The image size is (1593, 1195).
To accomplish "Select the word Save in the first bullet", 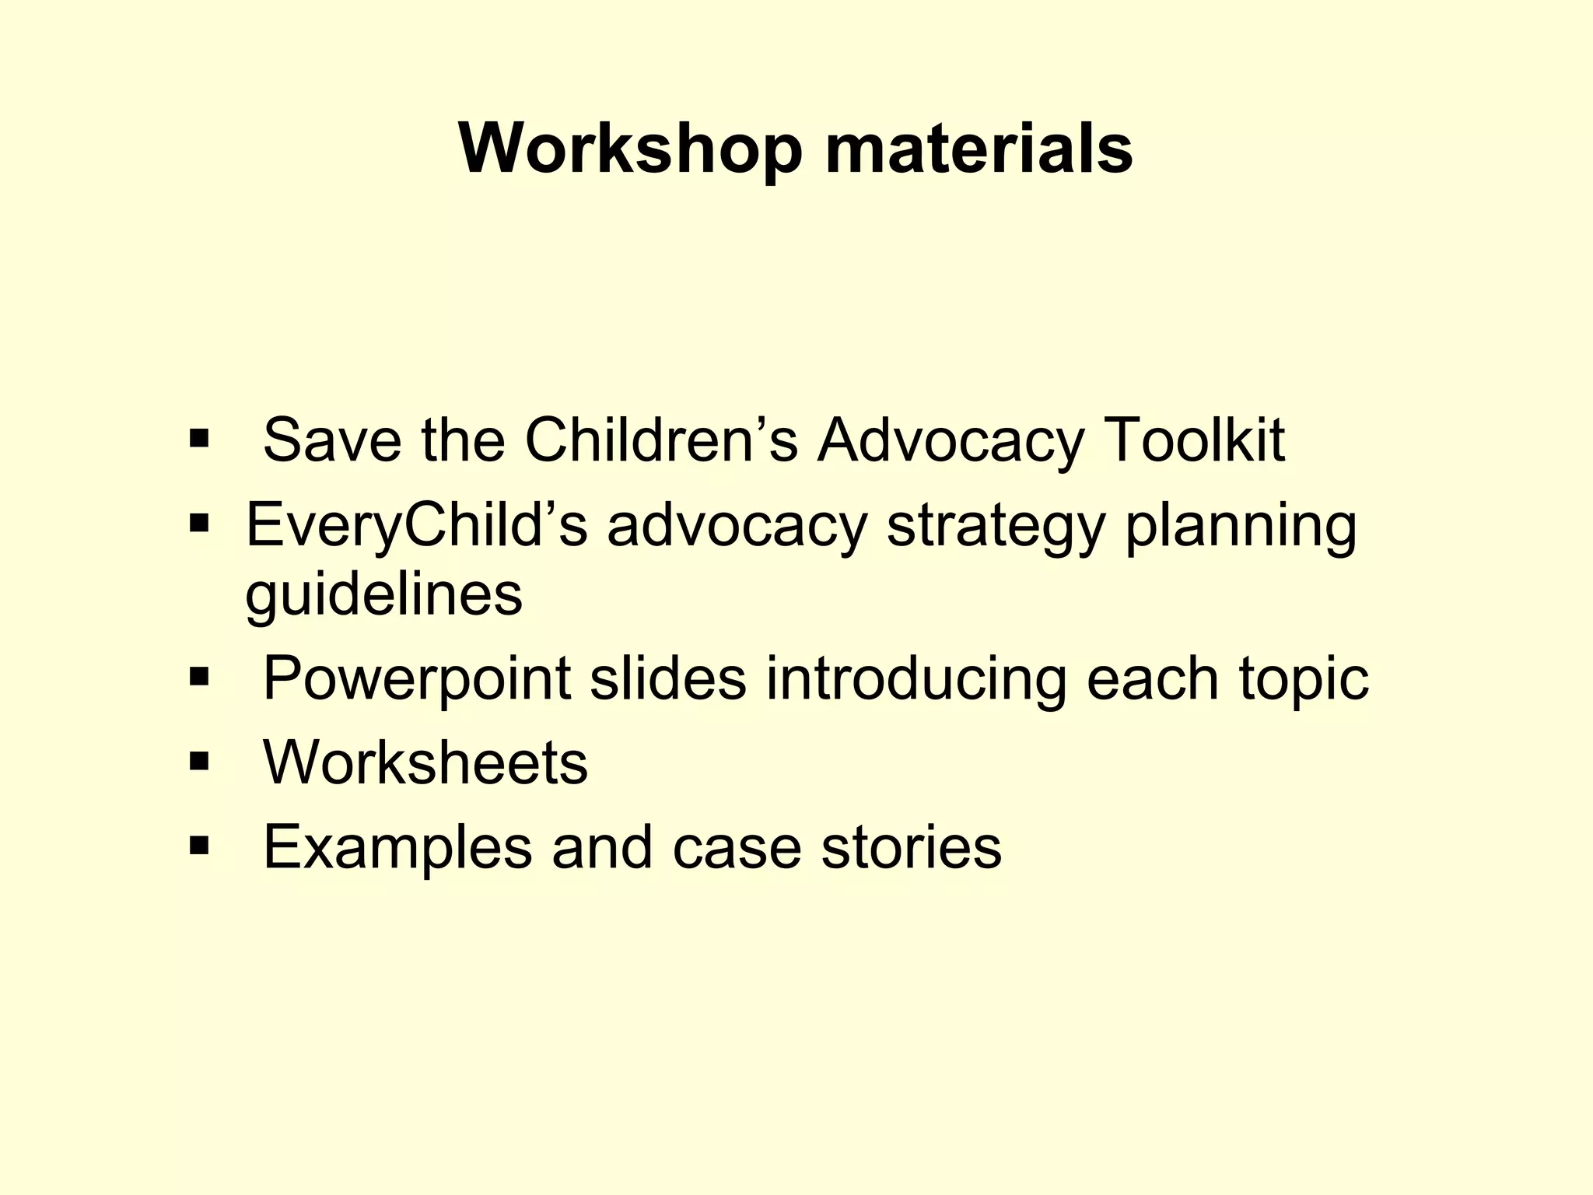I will point(332,440).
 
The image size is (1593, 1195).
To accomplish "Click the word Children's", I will point(661,440).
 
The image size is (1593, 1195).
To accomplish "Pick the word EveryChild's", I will point(416,527).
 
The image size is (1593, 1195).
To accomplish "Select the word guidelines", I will point(383,595).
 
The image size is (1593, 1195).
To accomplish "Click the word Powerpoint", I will point(417,678).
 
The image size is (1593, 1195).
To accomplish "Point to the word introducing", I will point(916,678).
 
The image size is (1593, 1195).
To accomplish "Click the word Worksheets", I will point(425,762).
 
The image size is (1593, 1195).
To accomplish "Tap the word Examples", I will point(397,847).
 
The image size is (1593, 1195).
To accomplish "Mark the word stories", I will point(912,847).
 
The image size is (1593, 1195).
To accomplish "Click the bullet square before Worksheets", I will point(199,761).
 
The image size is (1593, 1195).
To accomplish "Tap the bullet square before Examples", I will point(199,845).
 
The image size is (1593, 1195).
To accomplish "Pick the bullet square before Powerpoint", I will point(199,677).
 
